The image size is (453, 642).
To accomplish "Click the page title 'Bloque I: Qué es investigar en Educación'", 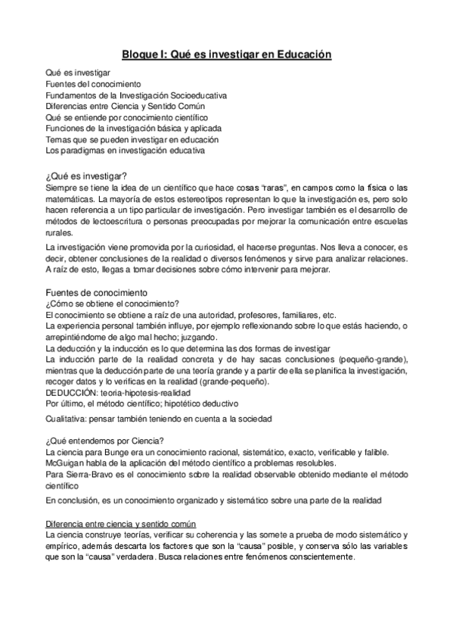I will point(227,55).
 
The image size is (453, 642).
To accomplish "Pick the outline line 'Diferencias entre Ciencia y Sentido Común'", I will point(121,106).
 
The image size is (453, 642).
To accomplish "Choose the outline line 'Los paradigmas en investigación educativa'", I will point(124,151).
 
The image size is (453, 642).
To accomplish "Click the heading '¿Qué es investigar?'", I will point(85,175).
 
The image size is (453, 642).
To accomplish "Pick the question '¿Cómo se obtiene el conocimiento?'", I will point(110,304).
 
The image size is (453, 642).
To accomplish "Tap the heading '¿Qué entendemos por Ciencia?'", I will point(105,441).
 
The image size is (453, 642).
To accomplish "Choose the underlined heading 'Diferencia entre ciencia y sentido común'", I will point(120,525).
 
